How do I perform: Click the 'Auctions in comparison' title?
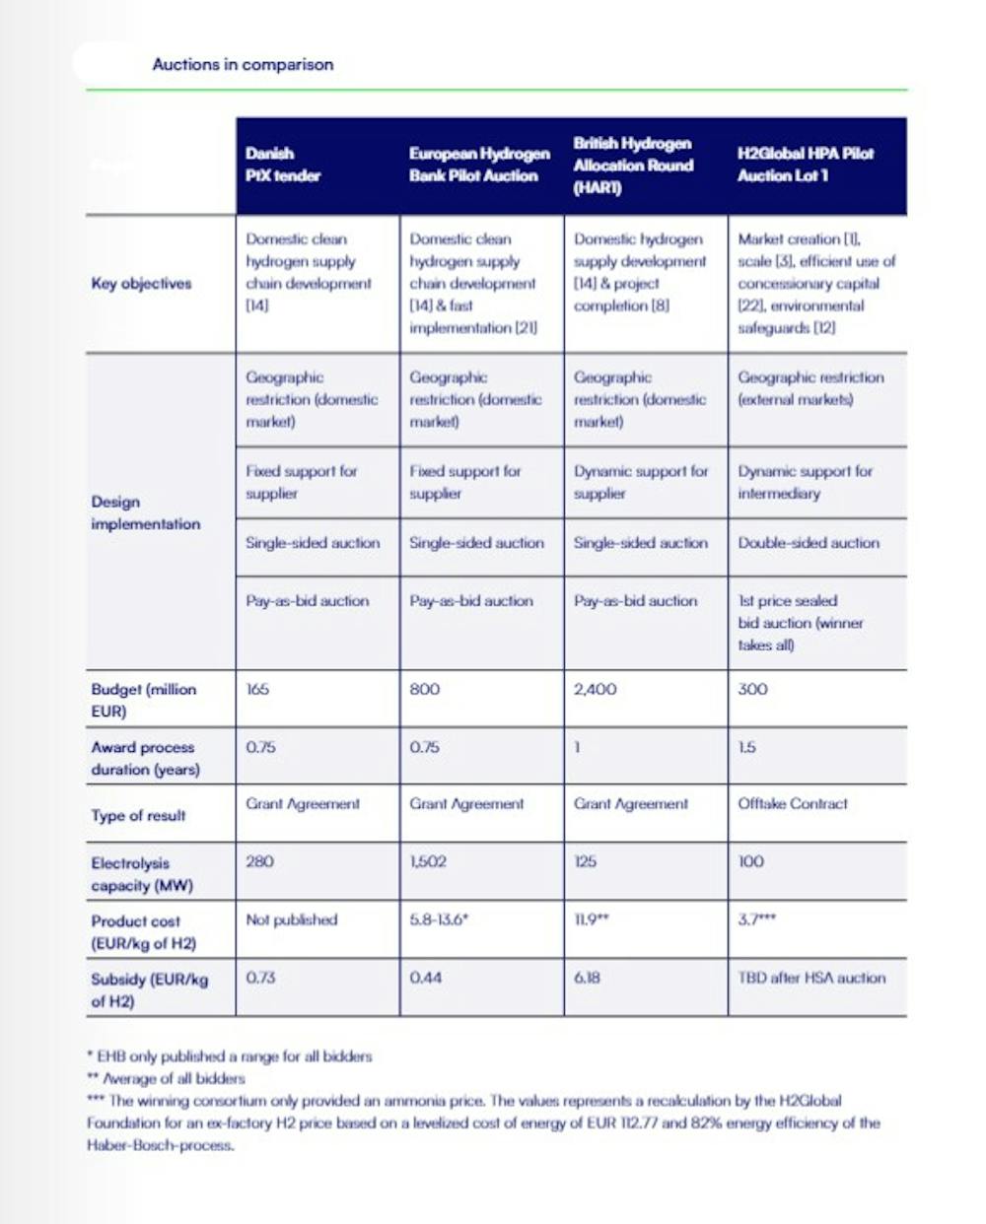tap(243, 65)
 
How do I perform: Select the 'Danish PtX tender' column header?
tap(283, 165)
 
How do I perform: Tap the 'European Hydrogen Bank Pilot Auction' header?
tap(479, 165)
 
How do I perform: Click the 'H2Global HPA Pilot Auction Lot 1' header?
tap(806, 165)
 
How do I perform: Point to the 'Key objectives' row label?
tap(141, 284)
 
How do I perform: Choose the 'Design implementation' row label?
tap(145, 512)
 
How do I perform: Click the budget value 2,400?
tap(595, 689)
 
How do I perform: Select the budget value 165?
tap(257, 689)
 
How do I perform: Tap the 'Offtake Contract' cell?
tap(792, 803)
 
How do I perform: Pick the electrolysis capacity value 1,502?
tap(428, 861)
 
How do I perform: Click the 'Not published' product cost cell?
tap(291, 919)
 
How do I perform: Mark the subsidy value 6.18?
tap(587, 978)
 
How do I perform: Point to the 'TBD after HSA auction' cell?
tap(811, 978)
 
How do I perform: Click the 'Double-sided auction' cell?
tap(809, 543)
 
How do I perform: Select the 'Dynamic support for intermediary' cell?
tap(805, 482)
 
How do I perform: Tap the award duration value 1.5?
tap(746, 747)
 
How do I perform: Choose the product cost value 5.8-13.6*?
tap(439, 919)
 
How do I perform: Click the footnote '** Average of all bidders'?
tap(166, 1078)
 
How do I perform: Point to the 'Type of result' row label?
tap(138, 815)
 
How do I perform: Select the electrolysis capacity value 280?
tap(259, 861)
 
